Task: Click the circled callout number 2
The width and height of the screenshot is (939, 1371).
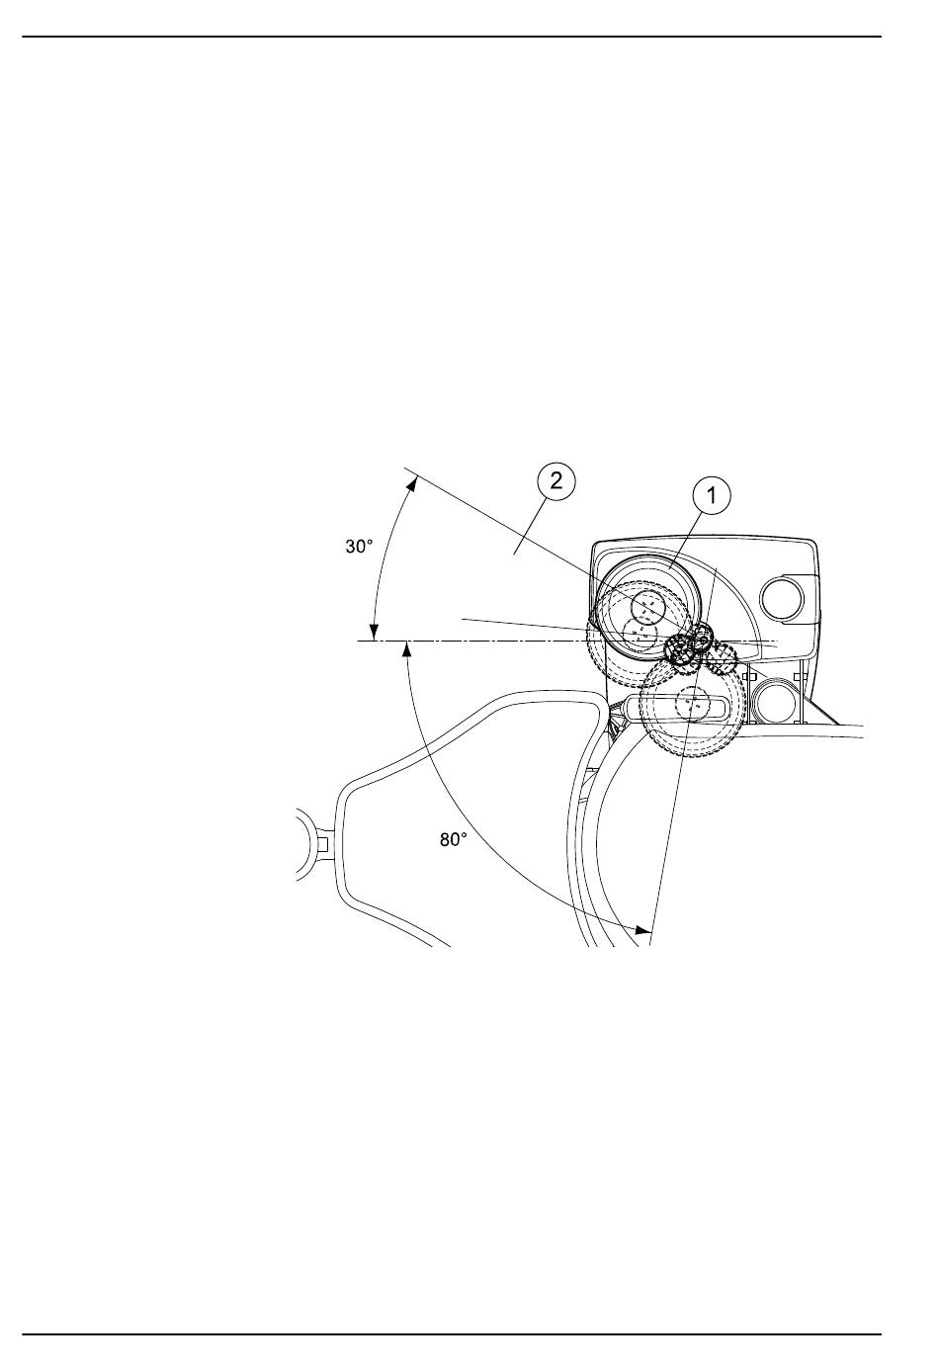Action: [x=555, y=481]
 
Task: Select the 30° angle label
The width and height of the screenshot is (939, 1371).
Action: [x=359, y=547]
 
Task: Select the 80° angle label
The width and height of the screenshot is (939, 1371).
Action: [x=453, y=840]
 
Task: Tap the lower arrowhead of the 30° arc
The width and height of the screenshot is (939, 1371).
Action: [x=375, y=633]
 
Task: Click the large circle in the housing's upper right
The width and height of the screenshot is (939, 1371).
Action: [x=781, y=597]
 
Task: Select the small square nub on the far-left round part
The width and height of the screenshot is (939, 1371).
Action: [x=324, y=844]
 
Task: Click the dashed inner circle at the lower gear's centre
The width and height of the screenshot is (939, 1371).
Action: [x=692, y=703]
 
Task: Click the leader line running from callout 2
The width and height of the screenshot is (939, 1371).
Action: [x=530, y=527]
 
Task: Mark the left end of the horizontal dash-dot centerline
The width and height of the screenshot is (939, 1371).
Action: [x=358, y=641]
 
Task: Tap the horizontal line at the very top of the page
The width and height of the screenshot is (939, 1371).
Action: [x=452, y=37]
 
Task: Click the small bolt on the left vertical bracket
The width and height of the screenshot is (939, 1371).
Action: [x=745, y=676]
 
